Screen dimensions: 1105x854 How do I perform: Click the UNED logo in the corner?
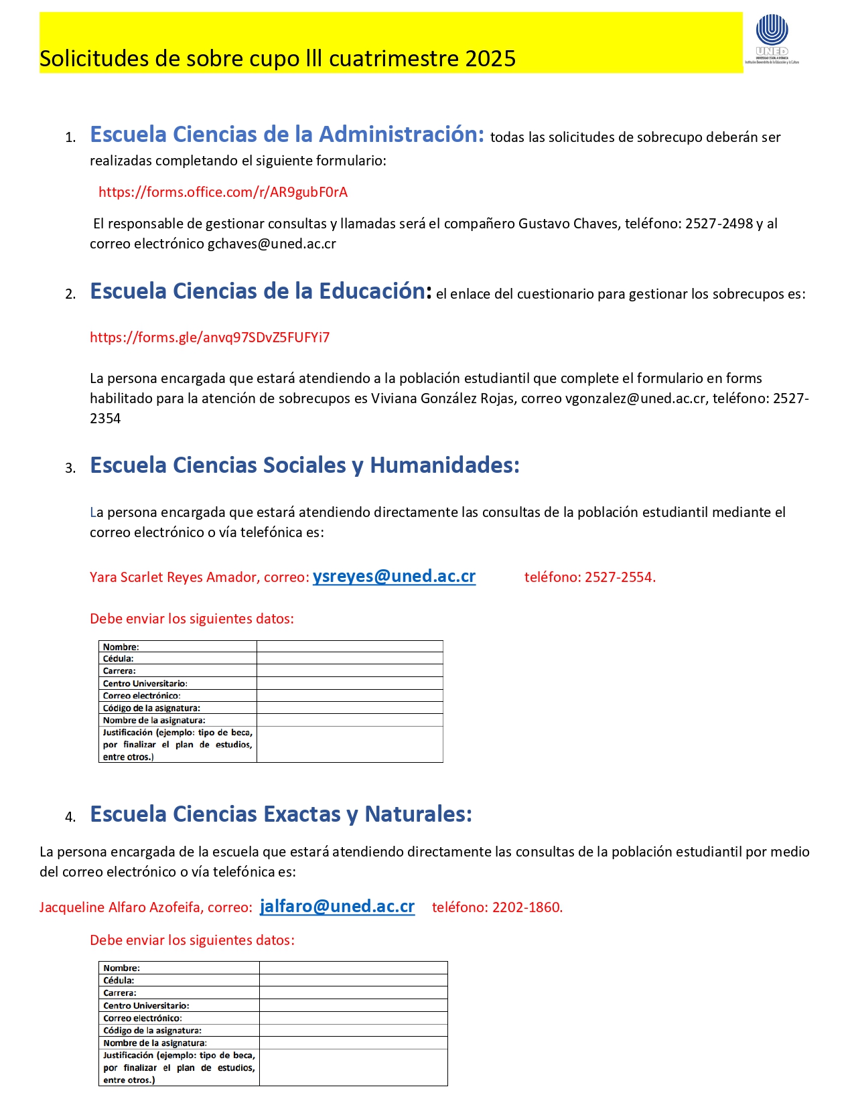click(x=772, y=38)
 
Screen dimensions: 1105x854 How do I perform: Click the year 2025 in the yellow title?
click(x=490, y=59)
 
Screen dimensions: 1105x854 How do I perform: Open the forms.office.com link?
click(x=223, y=192)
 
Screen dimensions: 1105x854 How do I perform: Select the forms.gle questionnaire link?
click(x=210, y=338)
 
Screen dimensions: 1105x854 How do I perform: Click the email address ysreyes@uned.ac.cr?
click(x=394, y=577)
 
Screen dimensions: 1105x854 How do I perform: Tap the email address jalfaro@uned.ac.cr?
click(x=337, y=907)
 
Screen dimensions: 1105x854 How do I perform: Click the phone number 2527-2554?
click(x=619, y=577)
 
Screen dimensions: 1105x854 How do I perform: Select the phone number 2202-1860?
click(x=526, y=907)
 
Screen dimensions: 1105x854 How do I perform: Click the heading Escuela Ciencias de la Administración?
click(x=287, y=135)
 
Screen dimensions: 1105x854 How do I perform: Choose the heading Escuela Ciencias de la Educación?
click(x=258, y=291)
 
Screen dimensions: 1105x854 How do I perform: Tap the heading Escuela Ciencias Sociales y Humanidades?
click(x=305, y=465)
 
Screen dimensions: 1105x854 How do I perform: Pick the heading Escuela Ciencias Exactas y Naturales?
click(x=281, y=814)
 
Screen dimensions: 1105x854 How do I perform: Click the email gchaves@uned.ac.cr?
click(x=271, y=244)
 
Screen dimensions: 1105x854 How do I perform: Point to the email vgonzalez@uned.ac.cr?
click(x=635, y=398)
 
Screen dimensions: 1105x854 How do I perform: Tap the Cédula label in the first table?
click(x=119, y=659)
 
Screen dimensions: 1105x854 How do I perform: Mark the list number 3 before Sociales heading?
click(x=70, y=468)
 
